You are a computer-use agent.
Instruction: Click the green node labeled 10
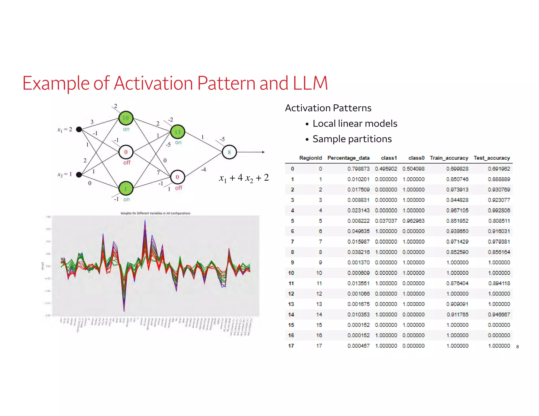click(x=126, y=118)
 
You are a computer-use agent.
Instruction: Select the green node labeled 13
click(x=178, y=132)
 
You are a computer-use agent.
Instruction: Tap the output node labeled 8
click(x=229, y=152)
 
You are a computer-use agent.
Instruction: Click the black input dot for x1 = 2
click(x=79, y=129)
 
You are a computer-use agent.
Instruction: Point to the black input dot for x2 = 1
click(x=79, y=174)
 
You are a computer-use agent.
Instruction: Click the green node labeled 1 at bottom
click(x=126, y=189)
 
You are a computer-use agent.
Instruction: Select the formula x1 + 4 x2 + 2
click(x=244, y=178)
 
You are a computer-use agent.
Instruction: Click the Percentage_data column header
click(x=348, y=158)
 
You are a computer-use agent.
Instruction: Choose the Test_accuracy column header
click(x=492, y=158)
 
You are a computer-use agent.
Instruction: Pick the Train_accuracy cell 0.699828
click(x=457, y=169)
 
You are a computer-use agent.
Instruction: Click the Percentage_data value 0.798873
click(x=358, y=169)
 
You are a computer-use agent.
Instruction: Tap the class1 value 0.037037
click(x=386, y=221)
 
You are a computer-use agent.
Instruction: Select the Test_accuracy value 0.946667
click(x=499, y=314)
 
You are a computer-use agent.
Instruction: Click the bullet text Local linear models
click(x=355, y=123)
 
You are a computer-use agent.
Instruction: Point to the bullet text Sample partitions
click(x=352, y=139)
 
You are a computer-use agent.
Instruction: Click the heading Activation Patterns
click(x=328, y=108)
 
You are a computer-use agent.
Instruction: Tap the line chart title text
click(x=155, y=213)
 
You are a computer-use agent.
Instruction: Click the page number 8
click(x=517, y=347)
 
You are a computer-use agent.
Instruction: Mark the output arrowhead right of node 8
click(x=263, y=152)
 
